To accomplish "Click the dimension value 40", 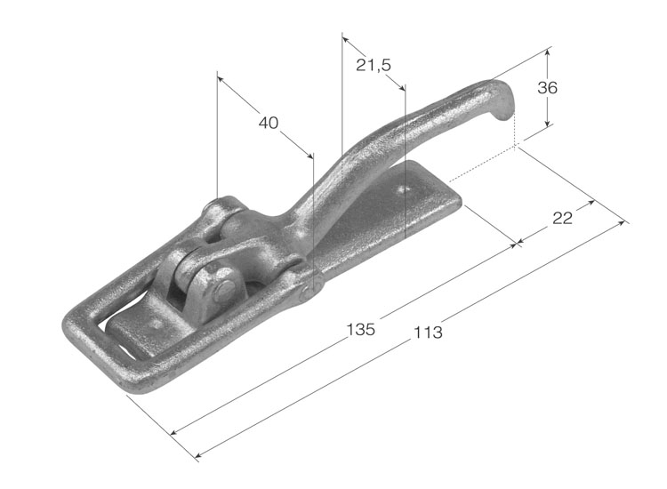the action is [269, 123].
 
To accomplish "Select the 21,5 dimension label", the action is [373, 65].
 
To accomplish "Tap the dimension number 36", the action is [547, 88].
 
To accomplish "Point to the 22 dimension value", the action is [562, 218].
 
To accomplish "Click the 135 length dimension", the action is [361, 329].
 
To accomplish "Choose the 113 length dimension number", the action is [428, 333].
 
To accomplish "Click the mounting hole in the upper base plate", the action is [404, 188].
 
